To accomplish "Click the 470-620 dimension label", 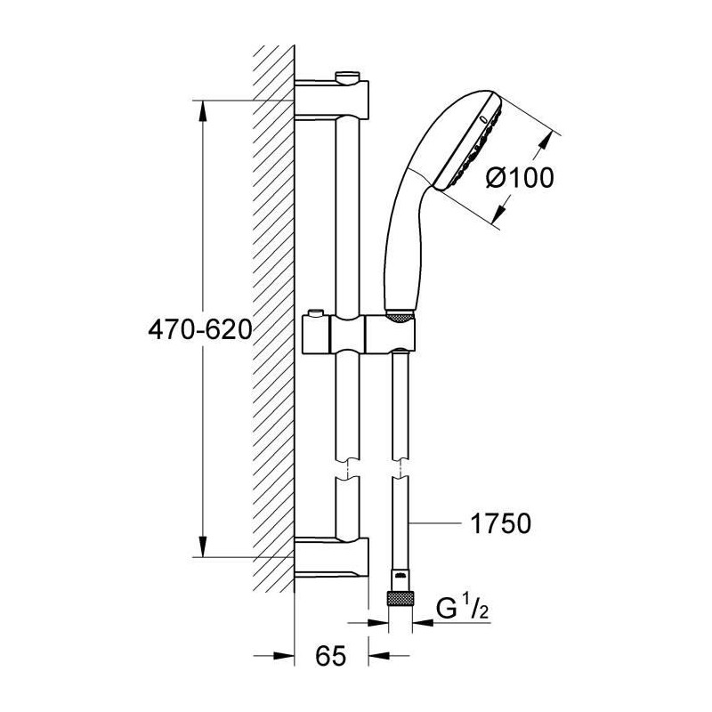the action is [x=199, y=329].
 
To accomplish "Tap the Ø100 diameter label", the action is [x=520, y=177].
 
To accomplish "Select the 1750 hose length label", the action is [x=500, y=523].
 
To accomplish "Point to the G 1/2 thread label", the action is [x=462, y=608].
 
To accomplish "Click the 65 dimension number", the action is [x=330, y=655].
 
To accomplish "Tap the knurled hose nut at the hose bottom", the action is [x=400, y=598].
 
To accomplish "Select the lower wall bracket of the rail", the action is [x=331, y=558].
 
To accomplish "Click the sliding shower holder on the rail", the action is [x=359, y=335].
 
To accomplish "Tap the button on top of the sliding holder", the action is [x=315, y=313].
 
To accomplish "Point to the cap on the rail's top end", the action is [x=347, y=77].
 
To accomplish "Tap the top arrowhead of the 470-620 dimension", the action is [x=203, y=110].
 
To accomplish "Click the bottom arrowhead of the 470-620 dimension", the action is [x=203, y=546].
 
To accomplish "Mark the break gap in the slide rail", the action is [x=347, y=469].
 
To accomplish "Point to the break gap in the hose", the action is [x=400, y=469].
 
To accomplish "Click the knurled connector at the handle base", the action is [x=400, y=317].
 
